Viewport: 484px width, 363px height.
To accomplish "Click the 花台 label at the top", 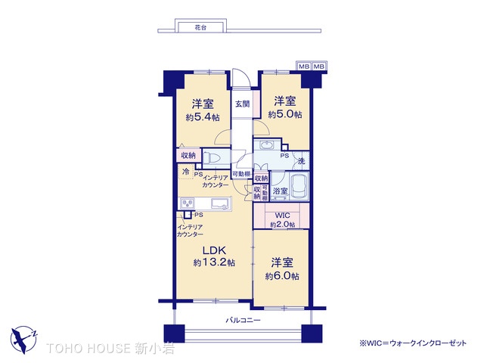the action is (x=200, y=27).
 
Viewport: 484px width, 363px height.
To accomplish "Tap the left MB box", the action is (x=304, y=67).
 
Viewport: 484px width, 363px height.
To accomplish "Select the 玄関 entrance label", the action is (x=242, y=104).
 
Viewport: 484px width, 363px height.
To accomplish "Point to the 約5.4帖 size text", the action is (x=203, y=117).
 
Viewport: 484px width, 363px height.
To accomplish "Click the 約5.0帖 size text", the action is (x=285, y=114).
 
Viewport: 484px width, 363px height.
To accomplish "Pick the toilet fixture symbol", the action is (x=212, y=158).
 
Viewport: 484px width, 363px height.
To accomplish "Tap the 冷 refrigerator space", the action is (x=186, y=172).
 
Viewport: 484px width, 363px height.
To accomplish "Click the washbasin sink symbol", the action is (x=265, y=144).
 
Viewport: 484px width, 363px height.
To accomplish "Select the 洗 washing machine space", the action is (x=301, y=160).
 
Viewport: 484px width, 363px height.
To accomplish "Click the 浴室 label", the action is (x=281, y=191).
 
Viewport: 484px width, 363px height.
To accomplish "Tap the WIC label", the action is (x=282, y=215).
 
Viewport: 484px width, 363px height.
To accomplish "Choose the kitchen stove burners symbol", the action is (x=188, y=203).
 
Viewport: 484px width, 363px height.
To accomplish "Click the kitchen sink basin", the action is (x=220, y=203).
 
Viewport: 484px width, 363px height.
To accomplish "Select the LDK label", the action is (x=214, y=250).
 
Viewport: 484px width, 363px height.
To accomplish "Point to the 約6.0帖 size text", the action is (x=282, y=276).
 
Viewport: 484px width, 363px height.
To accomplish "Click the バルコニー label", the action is (x=243, y=320).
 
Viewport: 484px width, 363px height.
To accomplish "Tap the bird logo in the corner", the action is (x=23, y=340).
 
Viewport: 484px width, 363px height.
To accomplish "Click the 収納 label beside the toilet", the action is (x=188, y=155).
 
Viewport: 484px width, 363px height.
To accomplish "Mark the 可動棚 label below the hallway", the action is (x=241, y=174).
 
